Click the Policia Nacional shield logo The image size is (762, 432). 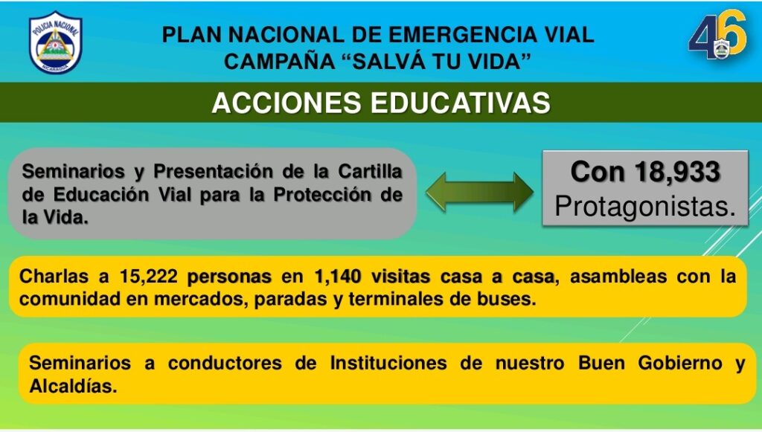click(x=55, y=42)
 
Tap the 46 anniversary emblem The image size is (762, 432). click(x=717, y=34)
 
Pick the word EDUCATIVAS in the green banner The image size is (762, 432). click(x=461, y=103)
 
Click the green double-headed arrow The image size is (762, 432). click(x=480, y=193)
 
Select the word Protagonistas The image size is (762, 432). click(x=645, y=206)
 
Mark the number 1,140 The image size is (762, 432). click(x=338, y=277)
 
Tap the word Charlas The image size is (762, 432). click(x=54, y=277)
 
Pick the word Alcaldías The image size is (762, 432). click(x=74, y=387)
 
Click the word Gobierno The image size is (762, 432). click(x=680, y=363)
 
